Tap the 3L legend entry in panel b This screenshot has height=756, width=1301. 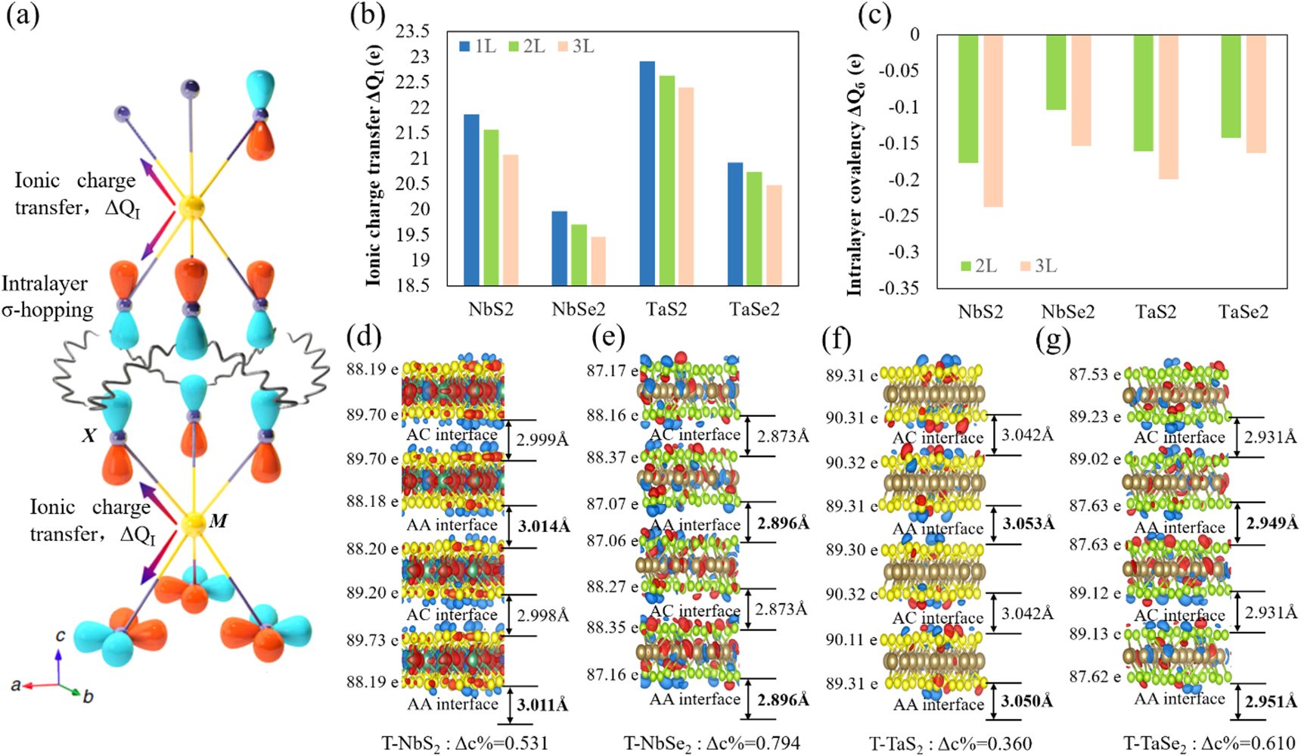[x=576, y=47]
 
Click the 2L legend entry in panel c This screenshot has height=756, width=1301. [x=977, y=266]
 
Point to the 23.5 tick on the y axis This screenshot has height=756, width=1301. [x=412, y=32]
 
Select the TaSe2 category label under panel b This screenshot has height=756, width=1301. [x=753, y=309]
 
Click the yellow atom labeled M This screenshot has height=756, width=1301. [x=194, y=522]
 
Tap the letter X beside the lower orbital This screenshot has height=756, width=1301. [x=89, y=435]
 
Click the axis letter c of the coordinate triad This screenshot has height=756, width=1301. [x=61, y=636]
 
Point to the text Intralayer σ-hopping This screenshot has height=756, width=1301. [x=47, y=297]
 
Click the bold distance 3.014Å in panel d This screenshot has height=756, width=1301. [x=543, y=526]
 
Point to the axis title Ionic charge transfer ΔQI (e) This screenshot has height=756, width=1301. [x=374, y=164]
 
